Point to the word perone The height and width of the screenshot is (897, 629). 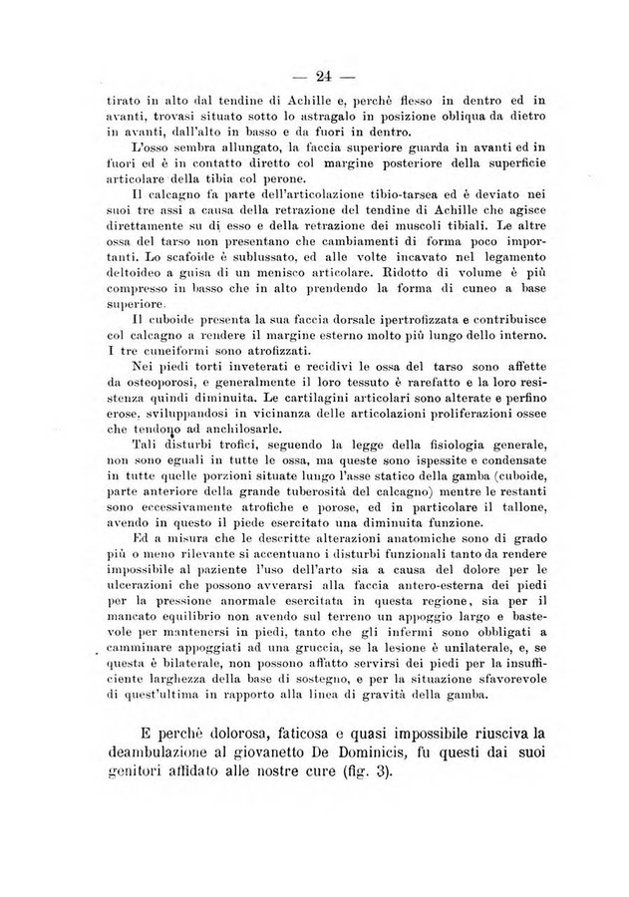[x=291, y=178]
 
